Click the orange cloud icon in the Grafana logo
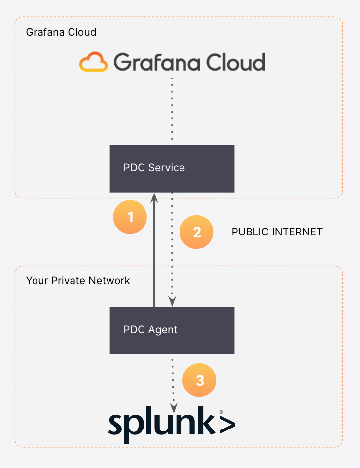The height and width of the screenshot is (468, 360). (x=94, y=63)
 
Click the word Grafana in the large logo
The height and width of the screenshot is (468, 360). (x=155, y=63)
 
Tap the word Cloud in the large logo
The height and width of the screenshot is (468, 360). (x=235, y=63)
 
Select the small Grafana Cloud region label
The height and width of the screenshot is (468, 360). (x=61, y=32)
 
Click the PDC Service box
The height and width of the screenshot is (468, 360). (x=172, y=168)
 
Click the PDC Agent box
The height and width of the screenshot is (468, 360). (x=172, y=330)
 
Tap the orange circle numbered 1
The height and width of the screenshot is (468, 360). (x=130, y=217)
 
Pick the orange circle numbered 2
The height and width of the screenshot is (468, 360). (x=196, y=232)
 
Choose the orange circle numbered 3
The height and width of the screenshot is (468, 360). (x=199, y=380)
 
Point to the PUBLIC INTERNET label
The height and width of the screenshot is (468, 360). (x=277, y=232)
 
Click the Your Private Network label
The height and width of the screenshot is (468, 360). (x=78, y=281)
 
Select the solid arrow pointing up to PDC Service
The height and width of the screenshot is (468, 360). (x=154, y=247)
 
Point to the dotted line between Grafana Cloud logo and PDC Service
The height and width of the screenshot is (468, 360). (x=172, y=111)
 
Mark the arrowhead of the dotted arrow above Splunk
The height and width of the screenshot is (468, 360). (x=173, y=408)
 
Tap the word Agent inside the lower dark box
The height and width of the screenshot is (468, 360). (x=164, y=330)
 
